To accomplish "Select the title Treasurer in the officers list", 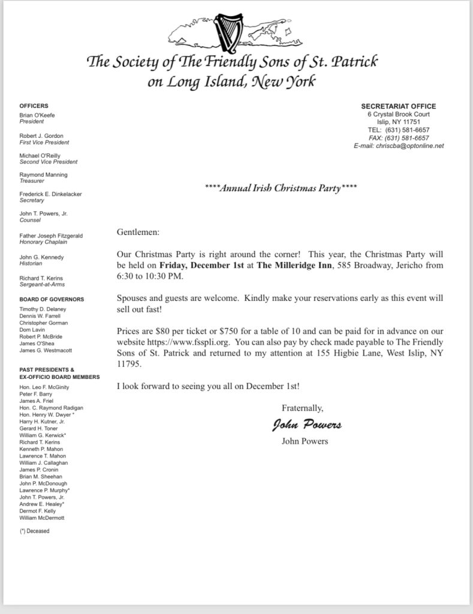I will pos(32,182).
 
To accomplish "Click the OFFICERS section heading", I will pos(34,106).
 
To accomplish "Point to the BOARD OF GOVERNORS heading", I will pos(52,299).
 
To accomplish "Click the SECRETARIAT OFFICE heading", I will pos(399,106).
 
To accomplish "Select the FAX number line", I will pos(399,138).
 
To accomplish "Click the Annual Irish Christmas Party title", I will pos(281,188).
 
